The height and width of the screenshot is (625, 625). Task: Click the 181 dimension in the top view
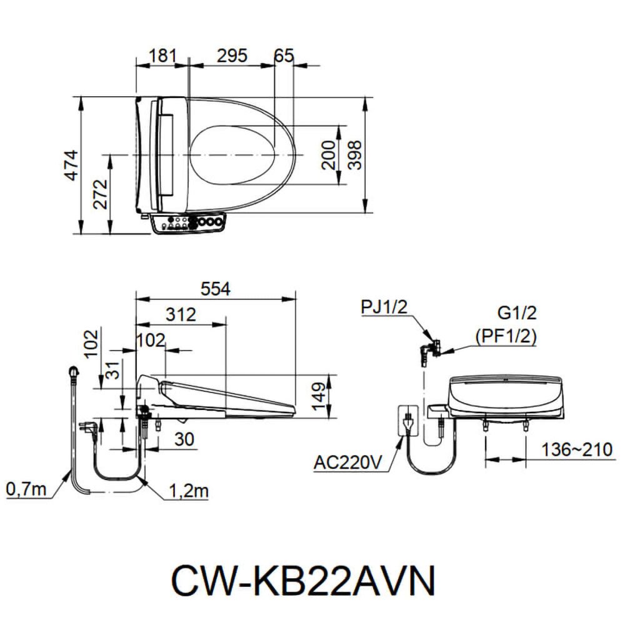click(x=162, y=56)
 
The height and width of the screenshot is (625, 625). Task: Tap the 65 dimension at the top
click(x=284, y=56)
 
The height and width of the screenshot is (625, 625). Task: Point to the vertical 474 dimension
click(x=74, y=166)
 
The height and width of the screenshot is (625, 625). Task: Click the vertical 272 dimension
click(x=101, y=194)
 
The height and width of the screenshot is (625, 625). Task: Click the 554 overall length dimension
click(x=216, y=289)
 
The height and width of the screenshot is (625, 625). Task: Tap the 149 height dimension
click(x=319, y=395)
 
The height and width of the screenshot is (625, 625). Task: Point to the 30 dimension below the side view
click(x=183, y=439)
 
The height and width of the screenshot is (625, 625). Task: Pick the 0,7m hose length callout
click(x=27, y=489)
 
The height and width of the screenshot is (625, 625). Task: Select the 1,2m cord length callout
click(x=188, y=491)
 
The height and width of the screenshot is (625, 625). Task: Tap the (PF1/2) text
click(x=506, y=336)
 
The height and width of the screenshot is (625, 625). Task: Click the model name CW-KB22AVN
click(x=303, y=581)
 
